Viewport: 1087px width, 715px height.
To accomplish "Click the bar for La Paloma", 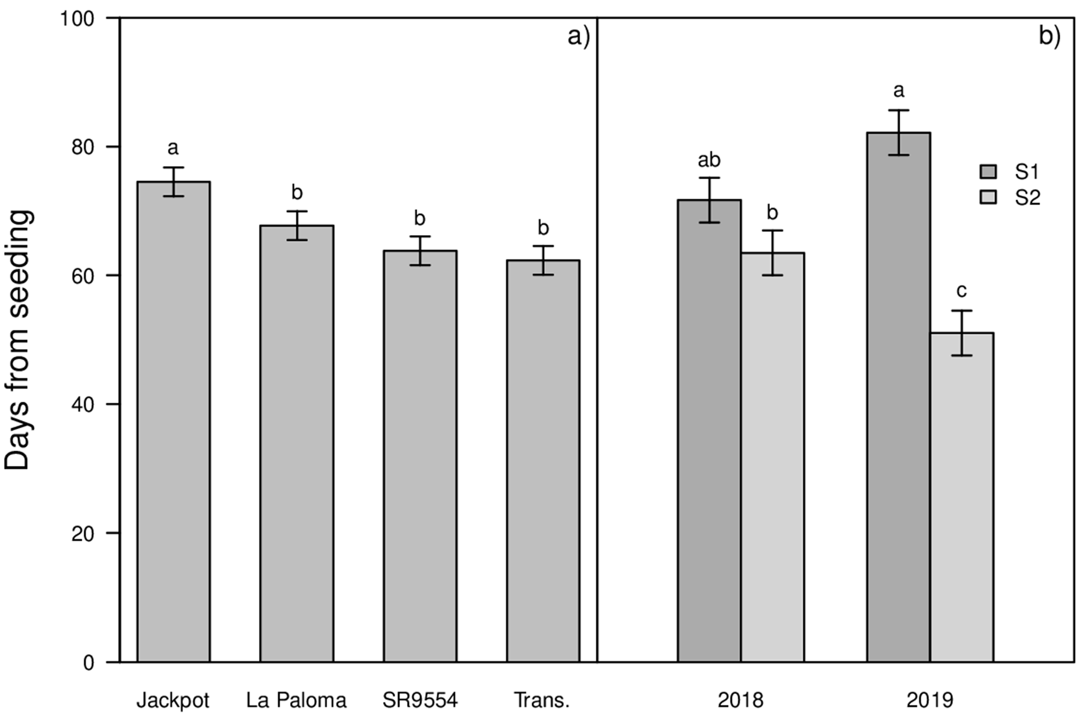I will point(297,443).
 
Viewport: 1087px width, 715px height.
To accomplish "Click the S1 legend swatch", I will point(988,172).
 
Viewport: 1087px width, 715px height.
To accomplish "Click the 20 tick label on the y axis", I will point(83,533).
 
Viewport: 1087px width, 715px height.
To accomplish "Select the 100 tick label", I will point(77,19).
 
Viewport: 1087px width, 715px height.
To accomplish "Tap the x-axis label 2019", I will point(930,700).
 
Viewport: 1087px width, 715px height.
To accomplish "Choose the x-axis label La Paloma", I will point(297,700).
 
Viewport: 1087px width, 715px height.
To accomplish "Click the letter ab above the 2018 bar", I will point(709,160).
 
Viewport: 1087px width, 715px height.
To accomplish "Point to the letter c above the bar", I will point(961,291).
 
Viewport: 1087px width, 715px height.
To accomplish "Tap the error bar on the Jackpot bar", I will point(174,182).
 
